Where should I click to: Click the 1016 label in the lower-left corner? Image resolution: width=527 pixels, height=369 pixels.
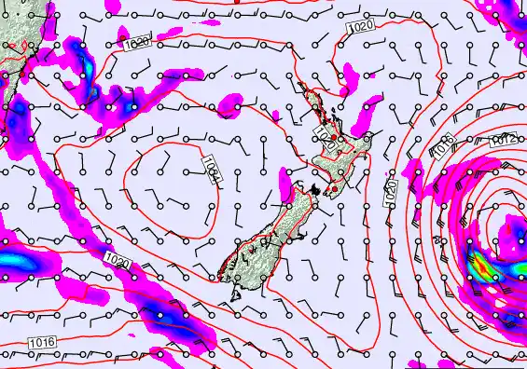tap(42, 343)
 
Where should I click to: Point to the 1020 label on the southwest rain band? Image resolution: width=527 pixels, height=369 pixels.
tap(118, 260)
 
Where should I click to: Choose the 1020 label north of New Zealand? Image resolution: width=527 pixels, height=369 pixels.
tap(362, 28)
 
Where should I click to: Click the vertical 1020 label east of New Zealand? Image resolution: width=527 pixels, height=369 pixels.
tap(392, 193)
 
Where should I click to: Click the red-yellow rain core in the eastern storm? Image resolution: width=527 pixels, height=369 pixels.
tap(480, 267)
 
